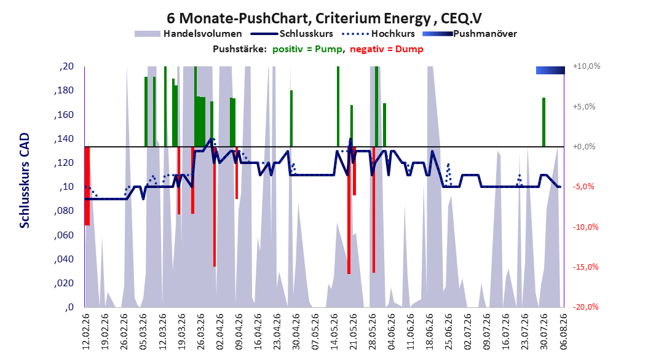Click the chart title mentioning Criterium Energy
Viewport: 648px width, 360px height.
[x=324, y=18]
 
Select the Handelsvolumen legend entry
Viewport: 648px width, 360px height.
[x=188, y=34]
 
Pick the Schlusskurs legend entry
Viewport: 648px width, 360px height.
[x=292, y=34]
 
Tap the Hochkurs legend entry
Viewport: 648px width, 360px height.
[x=378, y=34]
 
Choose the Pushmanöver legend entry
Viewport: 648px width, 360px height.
[x=470, y=34]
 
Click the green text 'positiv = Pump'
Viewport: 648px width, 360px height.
[x=307, y=49]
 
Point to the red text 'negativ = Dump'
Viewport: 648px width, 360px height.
[x=387, y=49]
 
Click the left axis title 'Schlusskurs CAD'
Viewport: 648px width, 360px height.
[x=25, y=181]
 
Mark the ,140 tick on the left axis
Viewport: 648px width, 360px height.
[x=64, y=139]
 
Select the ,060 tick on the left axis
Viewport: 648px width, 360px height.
[x=64, y=235]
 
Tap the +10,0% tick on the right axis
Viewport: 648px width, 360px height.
[x=587, y=66]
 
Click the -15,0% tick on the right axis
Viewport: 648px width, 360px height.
[x=585, y=267]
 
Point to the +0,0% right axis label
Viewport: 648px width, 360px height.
[x=584, y=147]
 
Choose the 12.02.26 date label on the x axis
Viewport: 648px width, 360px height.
[x=85, y=332]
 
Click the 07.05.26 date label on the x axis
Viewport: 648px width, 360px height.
[x=315, y=332]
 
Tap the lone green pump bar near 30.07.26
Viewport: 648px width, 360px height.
[x=544, y=122]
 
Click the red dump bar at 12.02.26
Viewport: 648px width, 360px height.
[x=87, y=186]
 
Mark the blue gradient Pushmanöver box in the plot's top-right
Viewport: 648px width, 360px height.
[x=550, y=70]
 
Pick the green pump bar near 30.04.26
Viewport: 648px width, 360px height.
[x=291, y=119]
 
